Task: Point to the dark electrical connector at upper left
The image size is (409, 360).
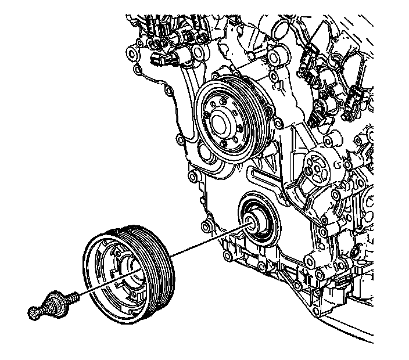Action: pos(156,59)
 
